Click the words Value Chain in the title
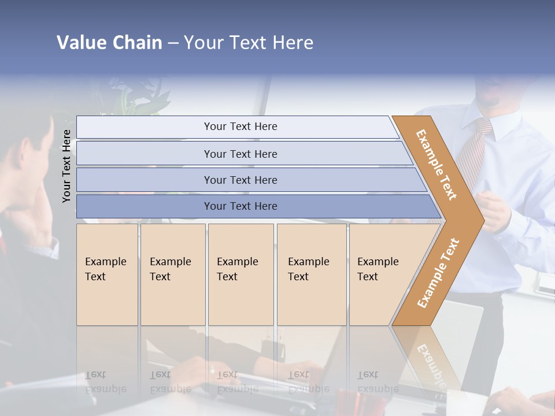109,43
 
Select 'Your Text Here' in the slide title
249,43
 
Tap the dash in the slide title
173,43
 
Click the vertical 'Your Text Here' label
67,166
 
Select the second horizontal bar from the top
240,154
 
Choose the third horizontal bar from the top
240,180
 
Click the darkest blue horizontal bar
240,206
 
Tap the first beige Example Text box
107,274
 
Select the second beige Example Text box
173,274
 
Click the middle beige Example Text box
240,274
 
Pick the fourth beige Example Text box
312,274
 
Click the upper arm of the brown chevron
436,165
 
